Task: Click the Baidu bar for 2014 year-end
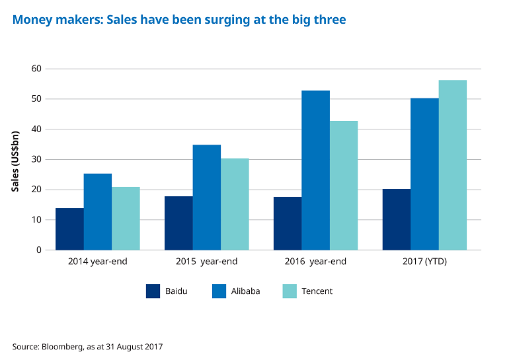pos(69,229)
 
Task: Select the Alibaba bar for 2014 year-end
pos(97,212)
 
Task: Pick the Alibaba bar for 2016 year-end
pos(315,170)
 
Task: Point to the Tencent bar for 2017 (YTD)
pos(453,165)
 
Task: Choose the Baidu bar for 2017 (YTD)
pos(397,219)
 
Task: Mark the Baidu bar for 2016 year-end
pos(288,223)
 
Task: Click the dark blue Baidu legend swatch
pos(153,291)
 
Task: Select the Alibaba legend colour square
pos(218,291)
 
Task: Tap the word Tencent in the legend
pos(317,291)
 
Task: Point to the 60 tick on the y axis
pos(36,69)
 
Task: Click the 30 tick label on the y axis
pos(36,159)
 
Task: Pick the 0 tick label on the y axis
pos(38,250)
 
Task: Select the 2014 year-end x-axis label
pos(98,262)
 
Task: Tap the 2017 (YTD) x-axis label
pos(424,262)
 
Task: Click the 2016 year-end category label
pos(315,262)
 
